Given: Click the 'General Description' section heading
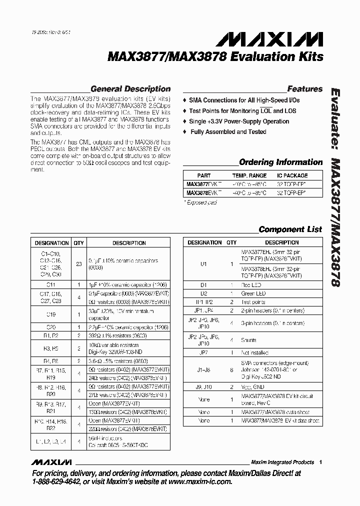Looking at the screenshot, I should (129, 89).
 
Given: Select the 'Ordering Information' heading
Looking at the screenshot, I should (280, 162).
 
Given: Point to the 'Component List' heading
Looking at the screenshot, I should (290, 229).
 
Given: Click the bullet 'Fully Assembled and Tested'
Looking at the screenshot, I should (228, 132).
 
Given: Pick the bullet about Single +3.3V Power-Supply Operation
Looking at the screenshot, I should (238, 121).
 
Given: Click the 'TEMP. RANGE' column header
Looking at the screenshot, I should (249, 176).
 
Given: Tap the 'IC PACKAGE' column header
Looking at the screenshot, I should (292, 176).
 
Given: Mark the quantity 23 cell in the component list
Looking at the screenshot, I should (78, 263).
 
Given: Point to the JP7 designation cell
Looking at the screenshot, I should (203, 352).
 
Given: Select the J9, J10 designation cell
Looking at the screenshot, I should (203, 386).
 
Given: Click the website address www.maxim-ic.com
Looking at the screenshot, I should (201, 482).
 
